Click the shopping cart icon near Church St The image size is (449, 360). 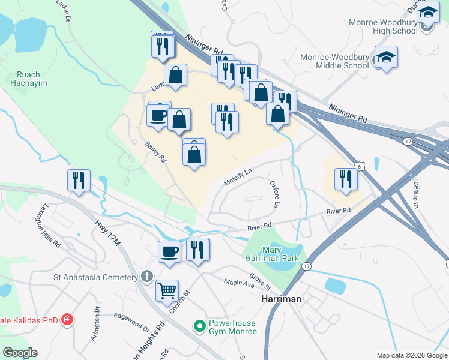[167, 291]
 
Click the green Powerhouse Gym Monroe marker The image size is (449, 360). [199, 327]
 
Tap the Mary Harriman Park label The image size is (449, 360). [281, 254]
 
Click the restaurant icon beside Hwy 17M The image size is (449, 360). [79, 180]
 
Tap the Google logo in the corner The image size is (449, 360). [20, 353]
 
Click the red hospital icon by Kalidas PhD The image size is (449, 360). [67, 319]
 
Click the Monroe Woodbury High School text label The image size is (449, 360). [382, 27]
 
